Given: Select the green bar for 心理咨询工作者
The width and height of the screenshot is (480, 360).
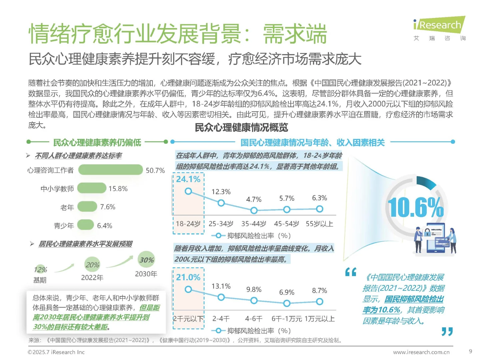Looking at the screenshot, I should pos(110,170).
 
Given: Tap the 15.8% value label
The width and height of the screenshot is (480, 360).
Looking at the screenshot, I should pos(118,189).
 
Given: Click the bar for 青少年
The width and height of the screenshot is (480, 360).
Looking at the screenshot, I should pos(86,225).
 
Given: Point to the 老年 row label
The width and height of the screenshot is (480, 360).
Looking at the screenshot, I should pos(67,207).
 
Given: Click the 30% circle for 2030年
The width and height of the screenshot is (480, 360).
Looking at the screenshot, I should pos(146,260).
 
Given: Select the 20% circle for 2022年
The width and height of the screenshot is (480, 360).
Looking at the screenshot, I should pos(92,265).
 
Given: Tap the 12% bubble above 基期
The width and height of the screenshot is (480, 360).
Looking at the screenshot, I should pos(40,269).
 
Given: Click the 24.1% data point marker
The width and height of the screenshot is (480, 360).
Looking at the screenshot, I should pos(188,191).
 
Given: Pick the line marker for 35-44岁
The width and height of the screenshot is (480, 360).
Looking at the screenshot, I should pos(254,210).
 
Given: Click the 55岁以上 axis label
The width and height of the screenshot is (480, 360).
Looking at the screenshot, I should pos(319,224).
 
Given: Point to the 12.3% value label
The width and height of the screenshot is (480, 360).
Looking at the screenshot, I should pos(221,192).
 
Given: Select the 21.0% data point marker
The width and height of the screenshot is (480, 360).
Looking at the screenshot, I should pos(188,289).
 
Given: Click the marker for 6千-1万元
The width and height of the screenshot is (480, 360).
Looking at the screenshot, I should pos(287,303).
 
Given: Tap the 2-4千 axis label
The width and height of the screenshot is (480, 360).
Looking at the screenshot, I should pos(221,319).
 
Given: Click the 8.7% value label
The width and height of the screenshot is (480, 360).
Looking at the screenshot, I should pos(319,291).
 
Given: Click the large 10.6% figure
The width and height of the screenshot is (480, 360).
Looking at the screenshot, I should pos(415,207).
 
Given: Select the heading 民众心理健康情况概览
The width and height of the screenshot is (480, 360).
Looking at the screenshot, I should pos(241,128).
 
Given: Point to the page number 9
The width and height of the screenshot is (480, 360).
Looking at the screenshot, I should pos(470,351).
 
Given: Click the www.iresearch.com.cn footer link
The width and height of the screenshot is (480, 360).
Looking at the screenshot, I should pos(421,352).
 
